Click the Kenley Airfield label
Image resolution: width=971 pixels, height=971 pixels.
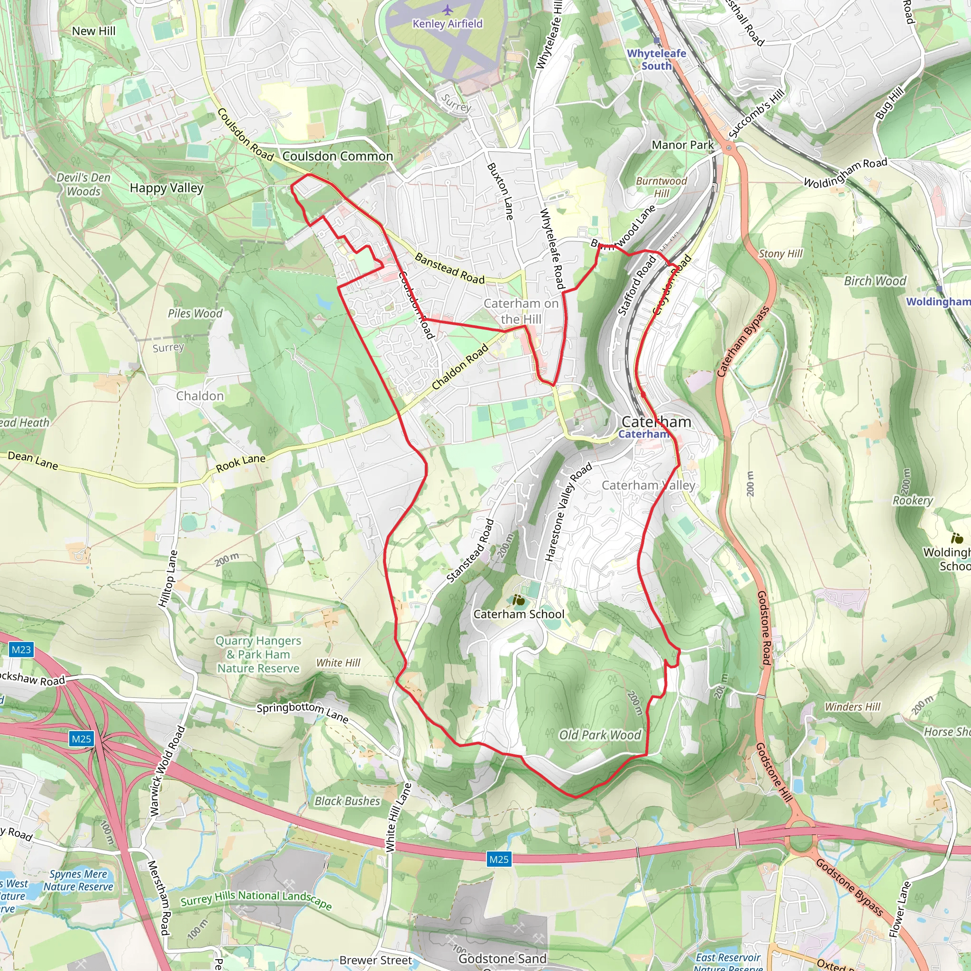click(x=447, y=24)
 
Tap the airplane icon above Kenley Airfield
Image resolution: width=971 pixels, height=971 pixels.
click(x=447, y=9)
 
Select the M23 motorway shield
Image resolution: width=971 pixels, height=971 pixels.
click(x=21, y=650)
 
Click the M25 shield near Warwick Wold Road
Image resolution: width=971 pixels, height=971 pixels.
click(x=82, y=738)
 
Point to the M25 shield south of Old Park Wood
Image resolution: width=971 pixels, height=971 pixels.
click(x=499, y=859)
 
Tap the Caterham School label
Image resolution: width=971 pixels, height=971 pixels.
click(x=519, y=614)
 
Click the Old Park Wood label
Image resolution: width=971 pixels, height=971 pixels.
click(x=600, y=735)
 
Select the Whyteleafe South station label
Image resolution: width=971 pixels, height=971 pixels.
click(x=656, y=59)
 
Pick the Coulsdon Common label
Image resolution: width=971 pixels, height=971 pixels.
click(x=337, y=156)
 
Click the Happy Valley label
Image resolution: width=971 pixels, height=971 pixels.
click(x=166, y=188)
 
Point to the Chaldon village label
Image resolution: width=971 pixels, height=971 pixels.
click(x=200, y=396)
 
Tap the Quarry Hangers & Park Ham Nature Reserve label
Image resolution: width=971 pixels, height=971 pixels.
click(x=258, y=654)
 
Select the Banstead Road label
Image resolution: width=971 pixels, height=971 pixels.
click(x=449, y=268)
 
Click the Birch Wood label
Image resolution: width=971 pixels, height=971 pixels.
click(x=875, y=281)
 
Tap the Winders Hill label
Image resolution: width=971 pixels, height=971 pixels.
click(x=852, y=706)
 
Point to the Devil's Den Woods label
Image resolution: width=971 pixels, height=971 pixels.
click(x=83, y=184)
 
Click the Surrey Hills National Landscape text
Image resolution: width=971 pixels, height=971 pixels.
click(x=256, y=899)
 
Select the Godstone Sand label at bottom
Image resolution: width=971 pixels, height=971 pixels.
click(x=502, y=958)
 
